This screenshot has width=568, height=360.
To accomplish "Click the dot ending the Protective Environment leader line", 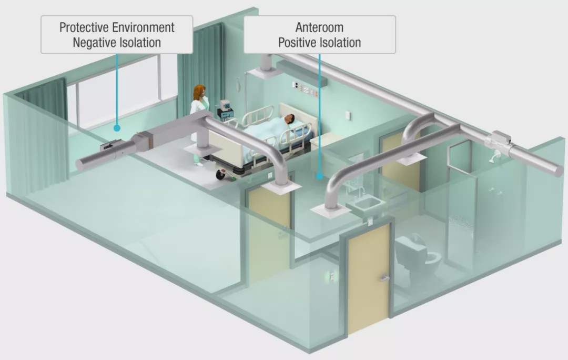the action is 117,128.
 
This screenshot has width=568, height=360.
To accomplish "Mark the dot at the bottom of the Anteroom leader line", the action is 320,176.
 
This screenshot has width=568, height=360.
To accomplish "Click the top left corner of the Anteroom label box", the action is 244,16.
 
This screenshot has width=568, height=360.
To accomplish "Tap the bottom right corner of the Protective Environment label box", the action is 192,54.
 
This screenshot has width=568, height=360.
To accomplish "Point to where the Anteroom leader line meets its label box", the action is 320,54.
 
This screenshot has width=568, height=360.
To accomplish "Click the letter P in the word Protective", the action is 63,27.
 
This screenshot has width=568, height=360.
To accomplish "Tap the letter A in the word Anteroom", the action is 299,27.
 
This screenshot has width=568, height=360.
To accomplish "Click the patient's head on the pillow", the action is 289,118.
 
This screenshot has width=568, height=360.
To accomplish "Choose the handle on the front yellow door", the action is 384,278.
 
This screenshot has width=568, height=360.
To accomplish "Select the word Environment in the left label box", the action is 143,27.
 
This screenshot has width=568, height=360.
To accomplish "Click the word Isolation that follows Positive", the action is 340,43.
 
